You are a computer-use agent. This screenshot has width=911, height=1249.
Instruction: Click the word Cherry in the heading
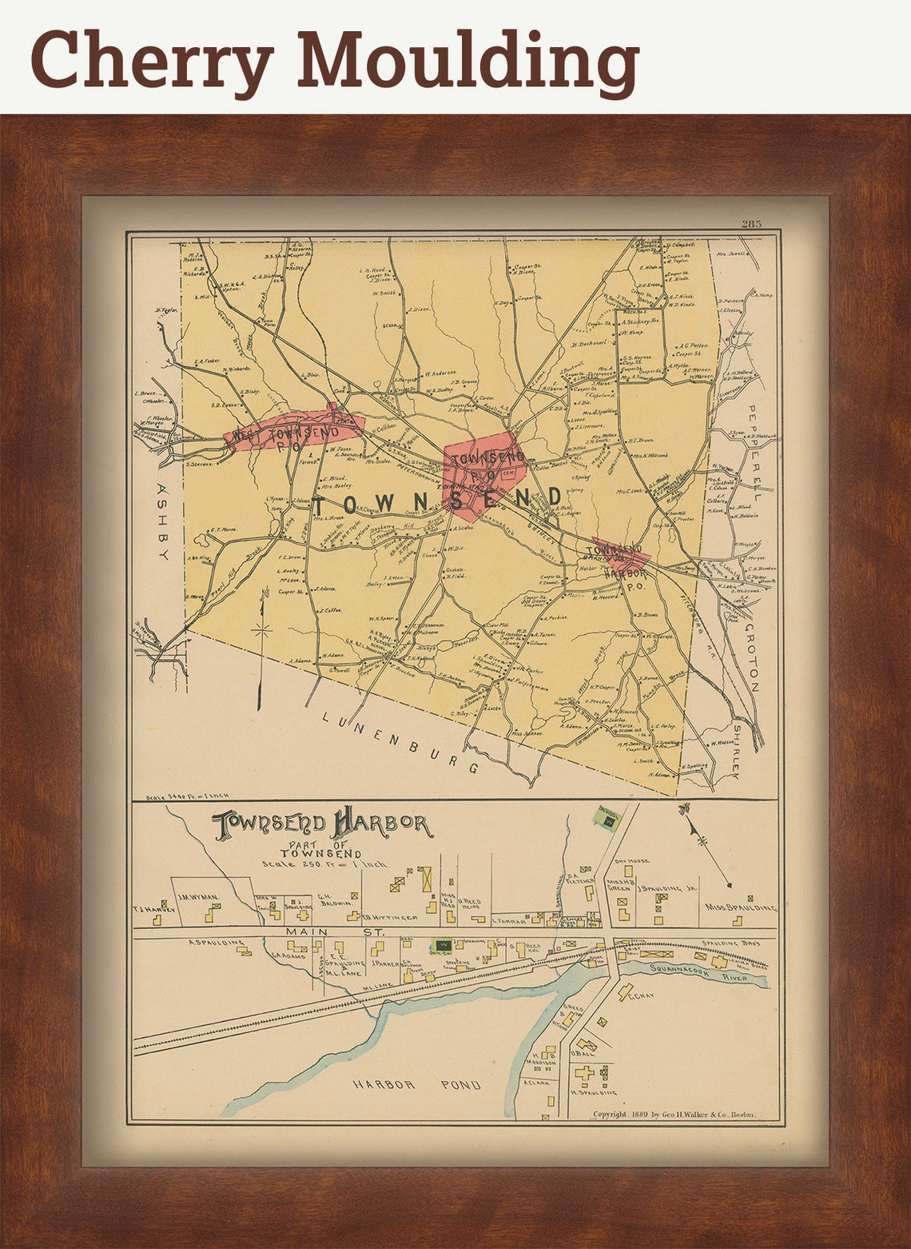(x=152, y=60)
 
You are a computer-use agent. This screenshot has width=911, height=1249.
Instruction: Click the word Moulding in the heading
(x=467, y=60)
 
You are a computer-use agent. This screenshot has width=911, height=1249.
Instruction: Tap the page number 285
(x=751, y=223)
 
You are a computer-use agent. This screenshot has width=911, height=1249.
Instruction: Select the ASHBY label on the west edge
(x=163, y=521)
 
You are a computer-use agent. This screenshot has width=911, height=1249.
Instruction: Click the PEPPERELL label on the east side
(x=752, y=452)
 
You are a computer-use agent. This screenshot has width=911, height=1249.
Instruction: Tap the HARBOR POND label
(x=416, y=1085)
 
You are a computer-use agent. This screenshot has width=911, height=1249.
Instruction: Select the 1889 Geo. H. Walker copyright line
(x=673, y=1114)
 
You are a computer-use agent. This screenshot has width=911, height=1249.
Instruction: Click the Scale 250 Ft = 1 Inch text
(x=324, y=864)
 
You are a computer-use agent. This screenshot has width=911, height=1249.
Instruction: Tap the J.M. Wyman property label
(x=197, y=898)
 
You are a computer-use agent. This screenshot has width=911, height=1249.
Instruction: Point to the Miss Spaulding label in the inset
(x=740, y=908)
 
